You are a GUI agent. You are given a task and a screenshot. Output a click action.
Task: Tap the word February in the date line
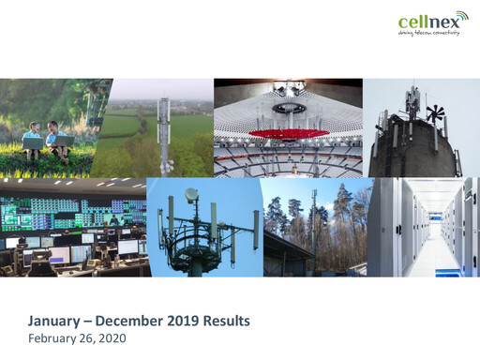click(x=52, y=337)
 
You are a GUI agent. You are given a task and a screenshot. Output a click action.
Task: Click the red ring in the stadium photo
click(x=287, y=133)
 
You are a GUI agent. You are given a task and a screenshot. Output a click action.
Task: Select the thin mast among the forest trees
click(x=313, y=225)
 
